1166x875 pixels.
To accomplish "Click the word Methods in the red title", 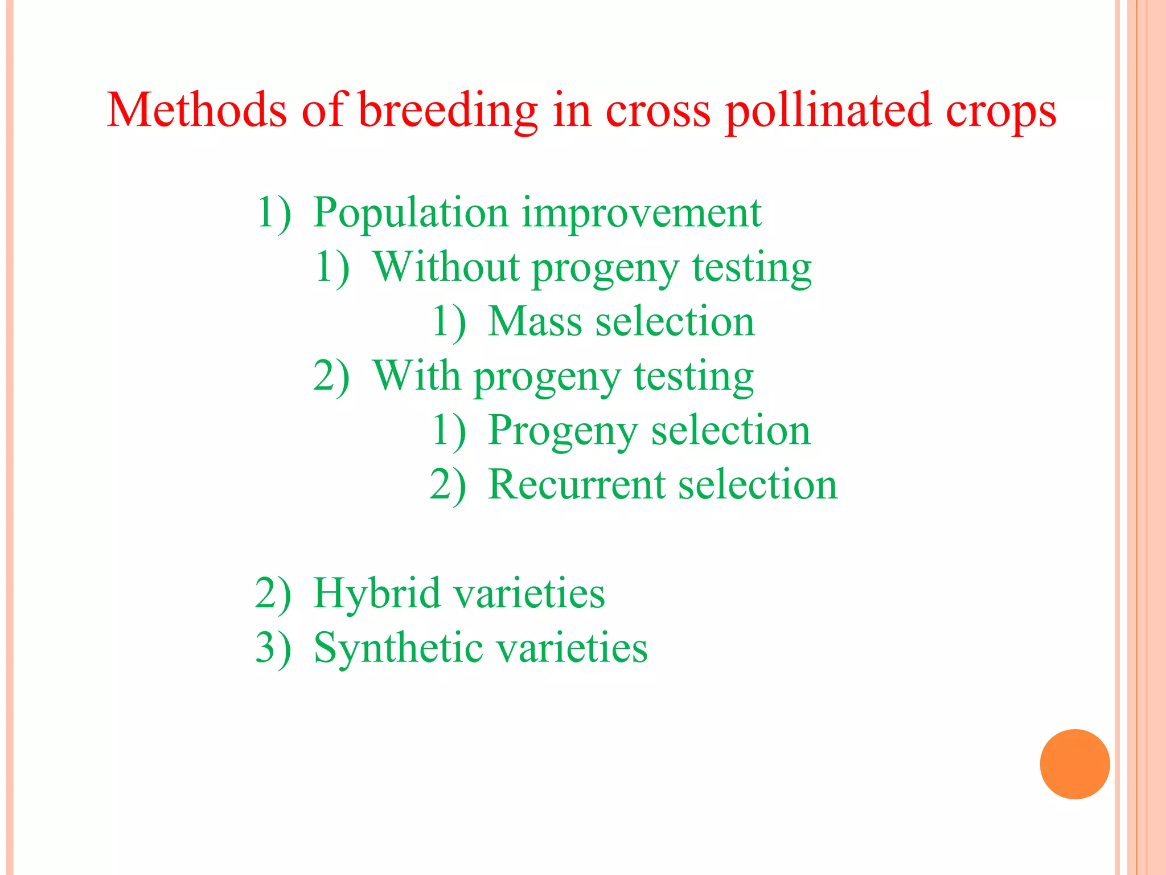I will coord(196,109).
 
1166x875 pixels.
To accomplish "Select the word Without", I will coord(446,267).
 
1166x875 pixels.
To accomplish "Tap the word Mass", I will coord(535,321).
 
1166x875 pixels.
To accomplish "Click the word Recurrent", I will coord(577,485).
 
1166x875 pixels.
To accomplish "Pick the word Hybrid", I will coord(376,594).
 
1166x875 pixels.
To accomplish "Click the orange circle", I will coord(1074,764).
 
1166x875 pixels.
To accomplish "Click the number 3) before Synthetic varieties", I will coord(273,648).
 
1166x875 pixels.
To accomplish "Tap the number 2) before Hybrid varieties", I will coord(273,594).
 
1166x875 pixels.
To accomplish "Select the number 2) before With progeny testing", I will coord(331,376).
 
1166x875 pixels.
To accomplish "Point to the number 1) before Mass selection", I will coord(449,322).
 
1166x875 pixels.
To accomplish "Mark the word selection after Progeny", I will coord(730,430).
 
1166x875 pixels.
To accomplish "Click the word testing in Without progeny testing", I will coord(752,268).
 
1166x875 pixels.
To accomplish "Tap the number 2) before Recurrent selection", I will coord(447,485).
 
